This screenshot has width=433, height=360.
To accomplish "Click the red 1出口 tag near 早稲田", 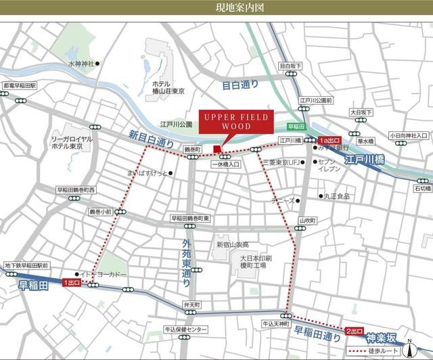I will pyautogui.click(x=70, y=282).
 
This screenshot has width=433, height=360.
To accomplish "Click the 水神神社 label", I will pyautogui.click(x=79, y=64).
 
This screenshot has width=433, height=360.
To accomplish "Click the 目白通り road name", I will pyautogui.click(x=240, y=85).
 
